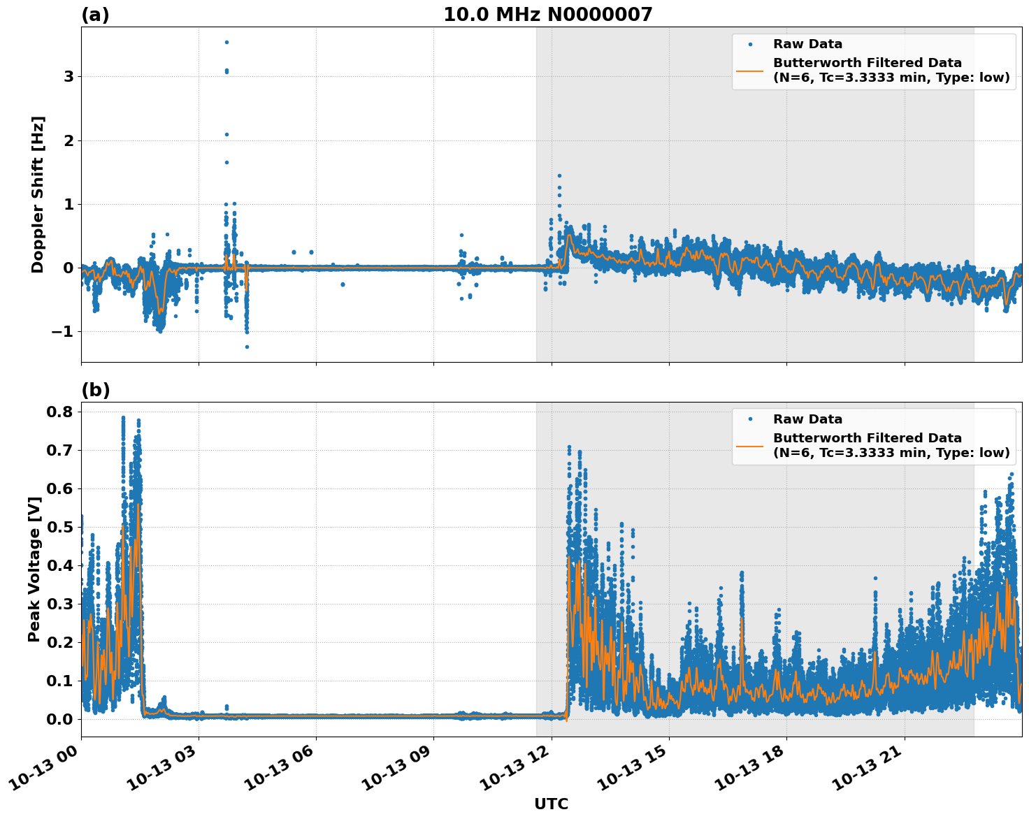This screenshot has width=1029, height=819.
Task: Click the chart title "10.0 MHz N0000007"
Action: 547,15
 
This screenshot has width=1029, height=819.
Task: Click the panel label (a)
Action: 95,15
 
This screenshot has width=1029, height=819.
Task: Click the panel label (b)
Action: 95,390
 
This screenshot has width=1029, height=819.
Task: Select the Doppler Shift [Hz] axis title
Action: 38,194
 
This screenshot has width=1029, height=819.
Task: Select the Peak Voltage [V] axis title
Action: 34,569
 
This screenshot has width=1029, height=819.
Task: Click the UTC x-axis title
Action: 551,804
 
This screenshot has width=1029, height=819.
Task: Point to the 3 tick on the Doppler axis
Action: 69,77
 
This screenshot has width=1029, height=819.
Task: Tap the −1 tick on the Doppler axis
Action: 64,332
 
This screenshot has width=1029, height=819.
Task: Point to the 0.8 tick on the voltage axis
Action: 59,412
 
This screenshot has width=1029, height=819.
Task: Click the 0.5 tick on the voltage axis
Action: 59,528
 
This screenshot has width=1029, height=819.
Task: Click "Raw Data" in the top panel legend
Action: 807,45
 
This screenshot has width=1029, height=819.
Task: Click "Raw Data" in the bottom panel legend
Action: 807,419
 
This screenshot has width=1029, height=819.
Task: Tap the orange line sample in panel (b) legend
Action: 750,445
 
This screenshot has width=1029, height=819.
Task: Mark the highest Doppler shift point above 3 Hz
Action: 226,42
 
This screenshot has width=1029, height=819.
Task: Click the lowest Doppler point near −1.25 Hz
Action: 247,347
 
